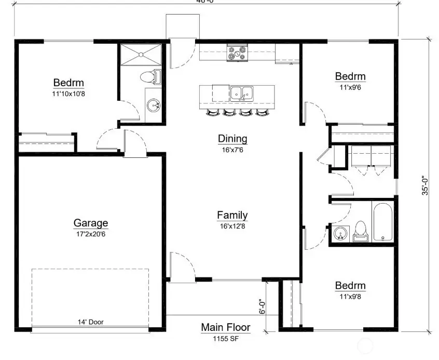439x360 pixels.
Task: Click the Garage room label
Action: point(91,223)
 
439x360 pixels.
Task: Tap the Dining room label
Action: point(232,139)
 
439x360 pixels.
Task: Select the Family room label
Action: point(232,215)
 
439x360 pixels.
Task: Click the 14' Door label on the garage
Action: point(90,322)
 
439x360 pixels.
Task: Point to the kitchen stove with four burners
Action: point(238,52)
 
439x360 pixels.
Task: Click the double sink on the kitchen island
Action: point(241,94)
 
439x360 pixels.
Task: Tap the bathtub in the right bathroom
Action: point(383,222)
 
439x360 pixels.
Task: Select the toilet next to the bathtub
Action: point(360,232)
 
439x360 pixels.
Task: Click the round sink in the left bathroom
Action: point(153,106)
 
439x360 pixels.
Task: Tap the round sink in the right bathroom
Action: point(340,234)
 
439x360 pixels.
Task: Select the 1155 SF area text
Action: point(226,338)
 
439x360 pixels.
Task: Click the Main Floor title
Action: point(226,327)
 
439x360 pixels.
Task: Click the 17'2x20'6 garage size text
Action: point(91,234)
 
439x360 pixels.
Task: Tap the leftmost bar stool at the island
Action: point(213,112)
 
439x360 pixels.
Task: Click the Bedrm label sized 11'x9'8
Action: point(350,286)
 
